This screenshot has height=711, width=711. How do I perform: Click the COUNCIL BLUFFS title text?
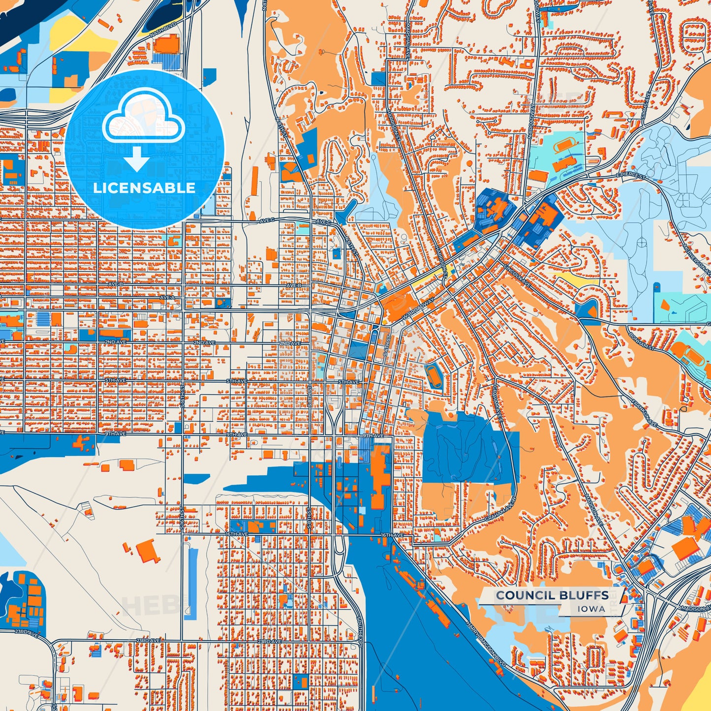tap(552, 595)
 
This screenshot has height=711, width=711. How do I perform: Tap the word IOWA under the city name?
tap(591, 609)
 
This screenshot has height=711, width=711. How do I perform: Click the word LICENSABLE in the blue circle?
tap(144, 187)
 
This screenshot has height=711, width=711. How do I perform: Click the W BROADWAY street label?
tap(418, 310)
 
